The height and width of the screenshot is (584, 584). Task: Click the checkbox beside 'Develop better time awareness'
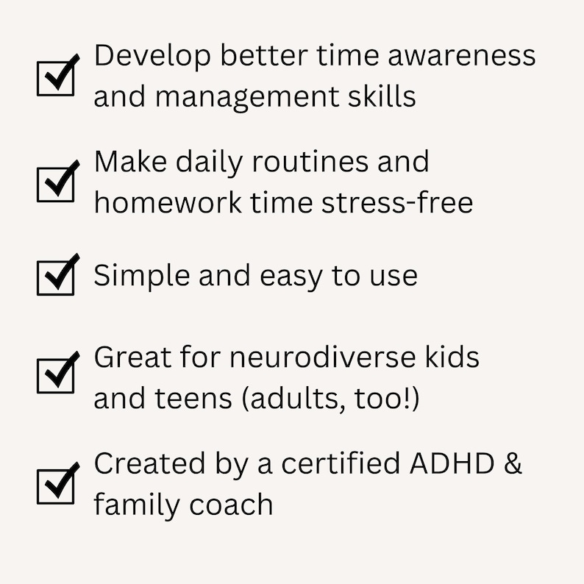click(x=56, y=77)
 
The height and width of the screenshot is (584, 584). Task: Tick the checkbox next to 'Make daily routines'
click(x=56, y=182)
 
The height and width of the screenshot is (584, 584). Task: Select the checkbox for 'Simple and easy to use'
click(x=56, y=277)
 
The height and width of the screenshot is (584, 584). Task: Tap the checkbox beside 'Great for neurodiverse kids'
click(x=56, y=375)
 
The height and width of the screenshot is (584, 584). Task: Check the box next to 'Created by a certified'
click(x=56, y=485)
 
